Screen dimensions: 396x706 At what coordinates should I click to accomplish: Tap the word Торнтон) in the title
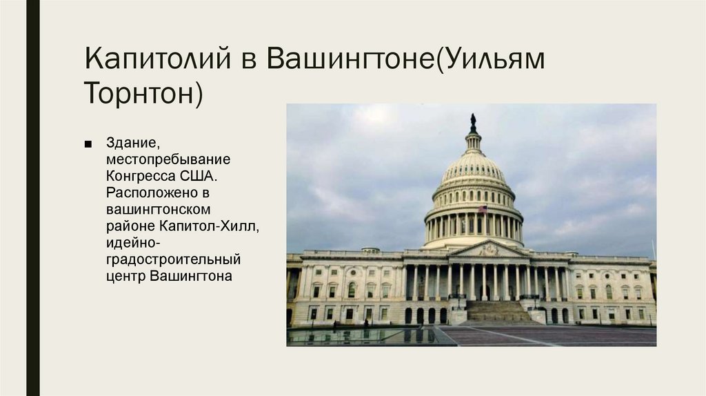[143, 93]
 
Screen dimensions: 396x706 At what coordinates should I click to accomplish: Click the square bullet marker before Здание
[88, 144]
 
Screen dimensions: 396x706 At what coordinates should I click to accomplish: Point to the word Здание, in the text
[133, 143]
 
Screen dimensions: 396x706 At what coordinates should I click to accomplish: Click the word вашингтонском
[159, 209]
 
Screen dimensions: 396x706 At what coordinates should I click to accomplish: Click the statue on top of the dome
[473, 122]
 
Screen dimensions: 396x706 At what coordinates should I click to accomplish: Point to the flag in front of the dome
[483, 209]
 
